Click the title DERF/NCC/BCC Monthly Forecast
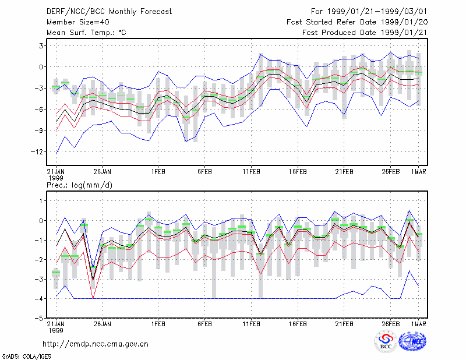click(109, 12)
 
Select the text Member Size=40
click(78, 22)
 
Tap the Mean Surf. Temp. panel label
click(86, 33)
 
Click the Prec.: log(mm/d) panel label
click(79, 185)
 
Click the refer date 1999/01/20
click(404, 22)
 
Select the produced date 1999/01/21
click(404, 33)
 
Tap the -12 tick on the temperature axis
click(37, 152)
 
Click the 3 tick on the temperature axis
click(41, 46)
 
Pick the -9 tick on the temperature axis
click(39, 130)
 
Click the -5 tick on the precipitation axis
click(39, 318)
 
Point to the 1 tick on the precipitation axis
click(41, 201)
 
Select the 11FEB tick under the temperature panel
click(252, 172)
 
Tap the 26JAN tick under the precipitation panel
click(103, 324)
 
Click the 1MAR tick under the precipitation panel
click(419, 324)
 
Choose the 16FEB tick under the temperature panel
click(298, 172)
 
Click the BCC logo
click(386, 341)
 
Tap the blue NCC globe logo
click(412, 341)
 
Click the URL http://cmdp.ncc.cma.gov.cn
click(96, 344)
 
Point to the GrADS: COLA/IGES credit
click(26, 357)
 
